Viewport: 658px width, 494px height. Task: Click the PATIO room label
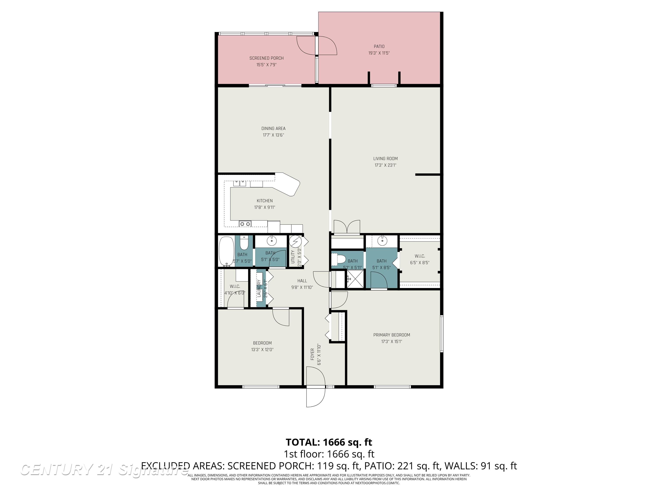379,47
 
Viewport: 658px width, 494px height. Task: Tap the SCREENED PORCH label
266,58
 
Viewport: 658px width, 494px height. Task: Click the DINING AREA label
273,128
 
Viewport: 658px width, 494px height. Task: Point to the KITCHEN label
265,201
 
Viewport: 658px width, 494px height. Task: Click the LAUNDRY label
259,288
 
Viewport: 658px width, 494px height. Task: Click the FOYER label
312,354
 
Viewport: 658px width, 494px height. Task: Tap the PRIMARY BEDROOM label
392,335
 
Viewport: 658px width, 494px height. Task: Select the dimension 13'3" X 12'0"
262,349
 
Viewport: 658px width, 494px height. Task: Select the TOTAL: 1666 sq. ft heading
329,442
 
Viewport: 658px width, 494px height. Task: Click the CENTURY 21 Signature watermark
104,470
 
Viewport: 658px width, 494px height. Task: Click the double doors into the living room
347,227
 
